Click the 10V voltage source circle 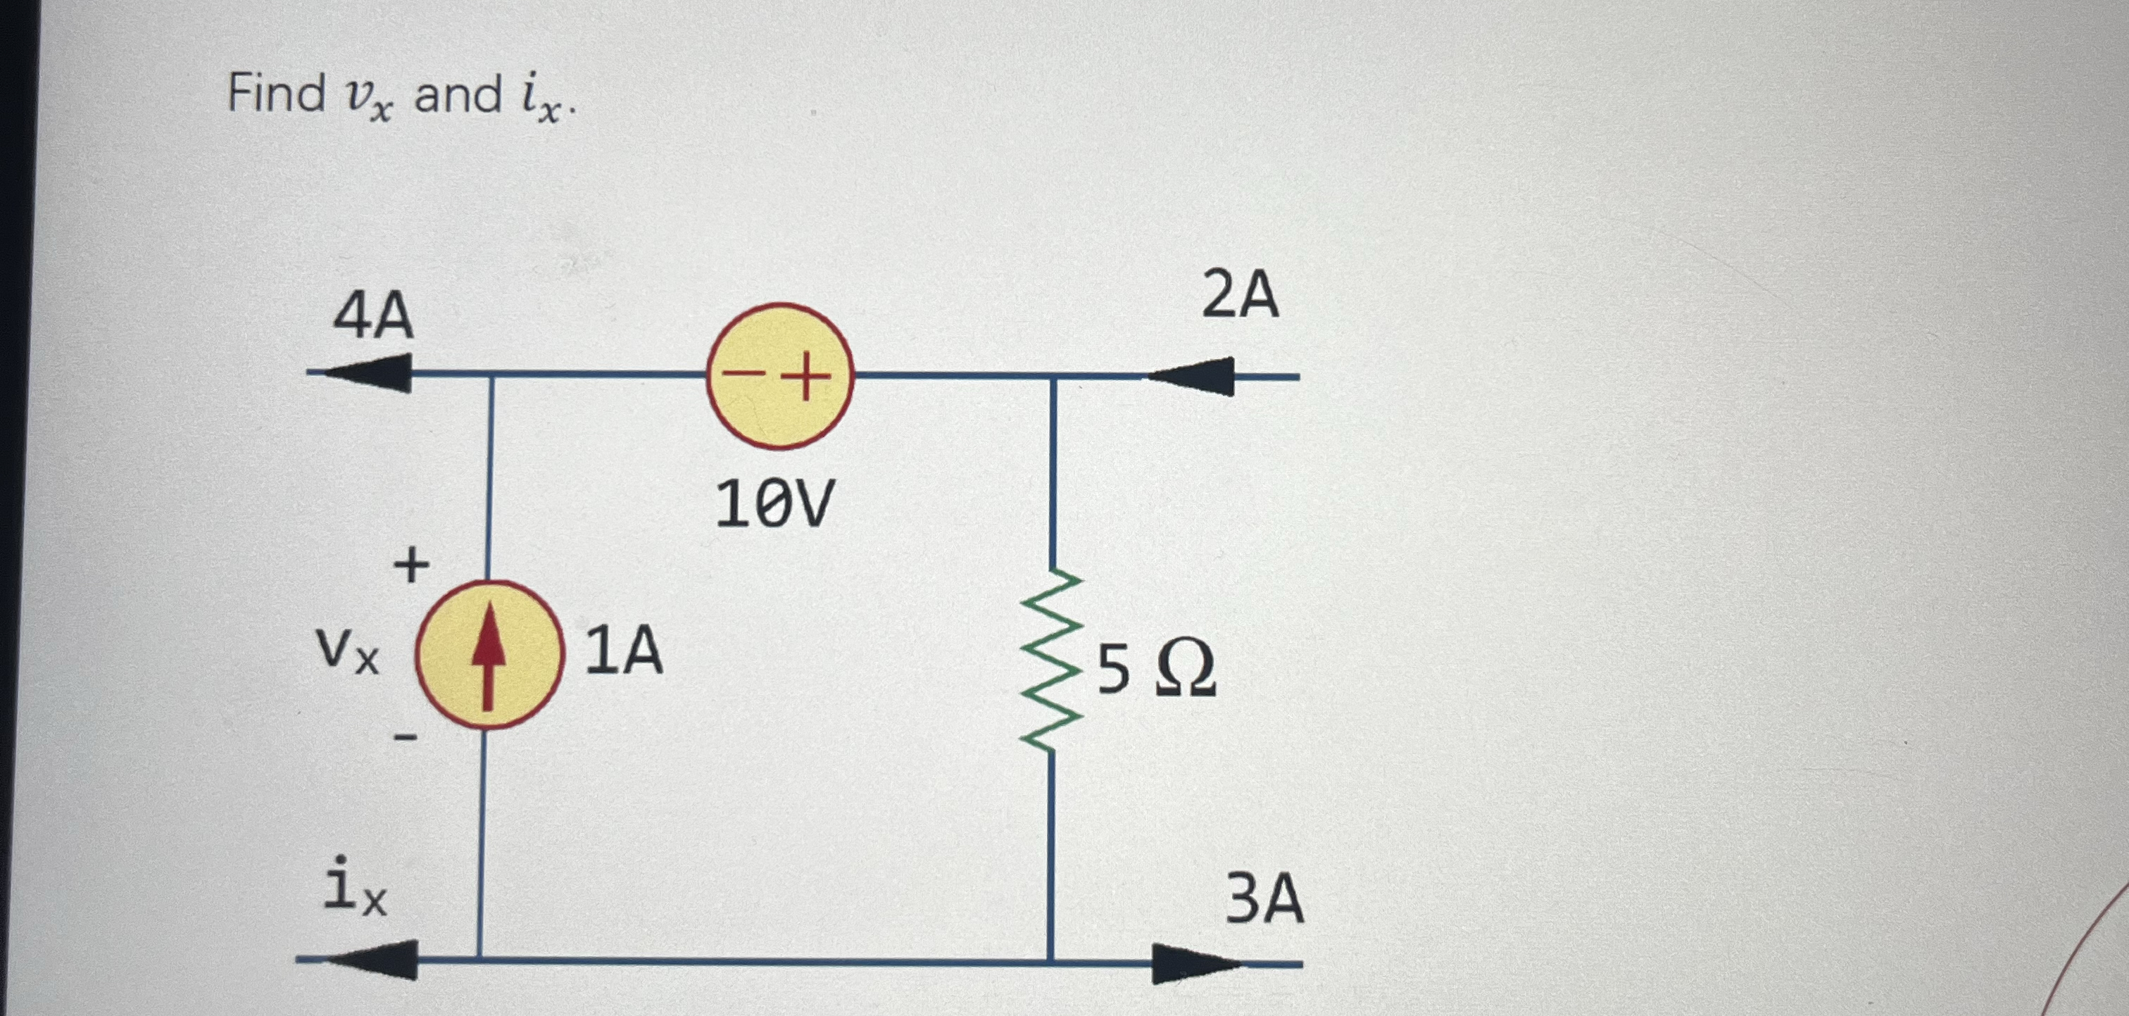point(779,376)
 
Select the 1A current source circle point(489,655)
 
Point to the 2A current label point(1240,295)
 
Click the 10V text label point(774,504)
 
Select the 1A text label point(624,651)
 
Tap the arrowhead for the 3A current point(1195,964)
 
